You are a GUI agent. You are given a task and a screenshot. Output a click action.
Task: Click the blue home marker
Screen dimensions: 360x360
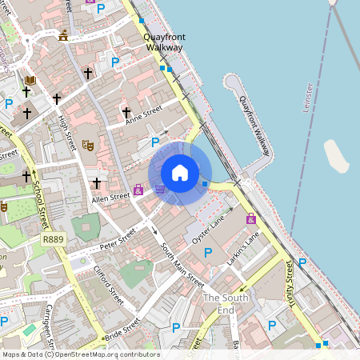tap(180, 172)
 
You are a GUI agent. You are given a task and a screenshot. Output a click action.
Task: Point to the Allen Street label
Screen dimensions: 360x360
tap(110, 197)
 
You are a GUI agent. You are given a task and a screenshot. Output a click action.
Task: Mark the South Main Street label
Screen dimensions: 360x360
tap(182, 265)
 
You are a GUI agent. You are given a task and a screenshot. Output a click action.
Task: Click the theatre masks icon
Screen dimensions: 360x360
tap(88, 145)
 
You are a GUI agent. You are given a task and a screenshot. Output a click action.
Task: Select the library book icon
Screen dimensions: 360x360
tap(31, 80)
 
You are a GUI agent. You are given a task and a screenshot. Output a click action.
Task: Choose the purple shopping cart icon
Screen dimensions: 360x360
tap(160, 189)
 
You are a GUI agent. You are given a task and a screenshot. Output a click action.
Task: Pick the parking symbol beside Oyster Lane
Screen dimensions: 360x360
tap(208, 253)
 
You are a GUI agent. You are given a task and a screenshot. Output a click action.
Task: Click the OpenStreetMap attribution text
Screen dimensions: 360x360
tap(80, 354)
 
